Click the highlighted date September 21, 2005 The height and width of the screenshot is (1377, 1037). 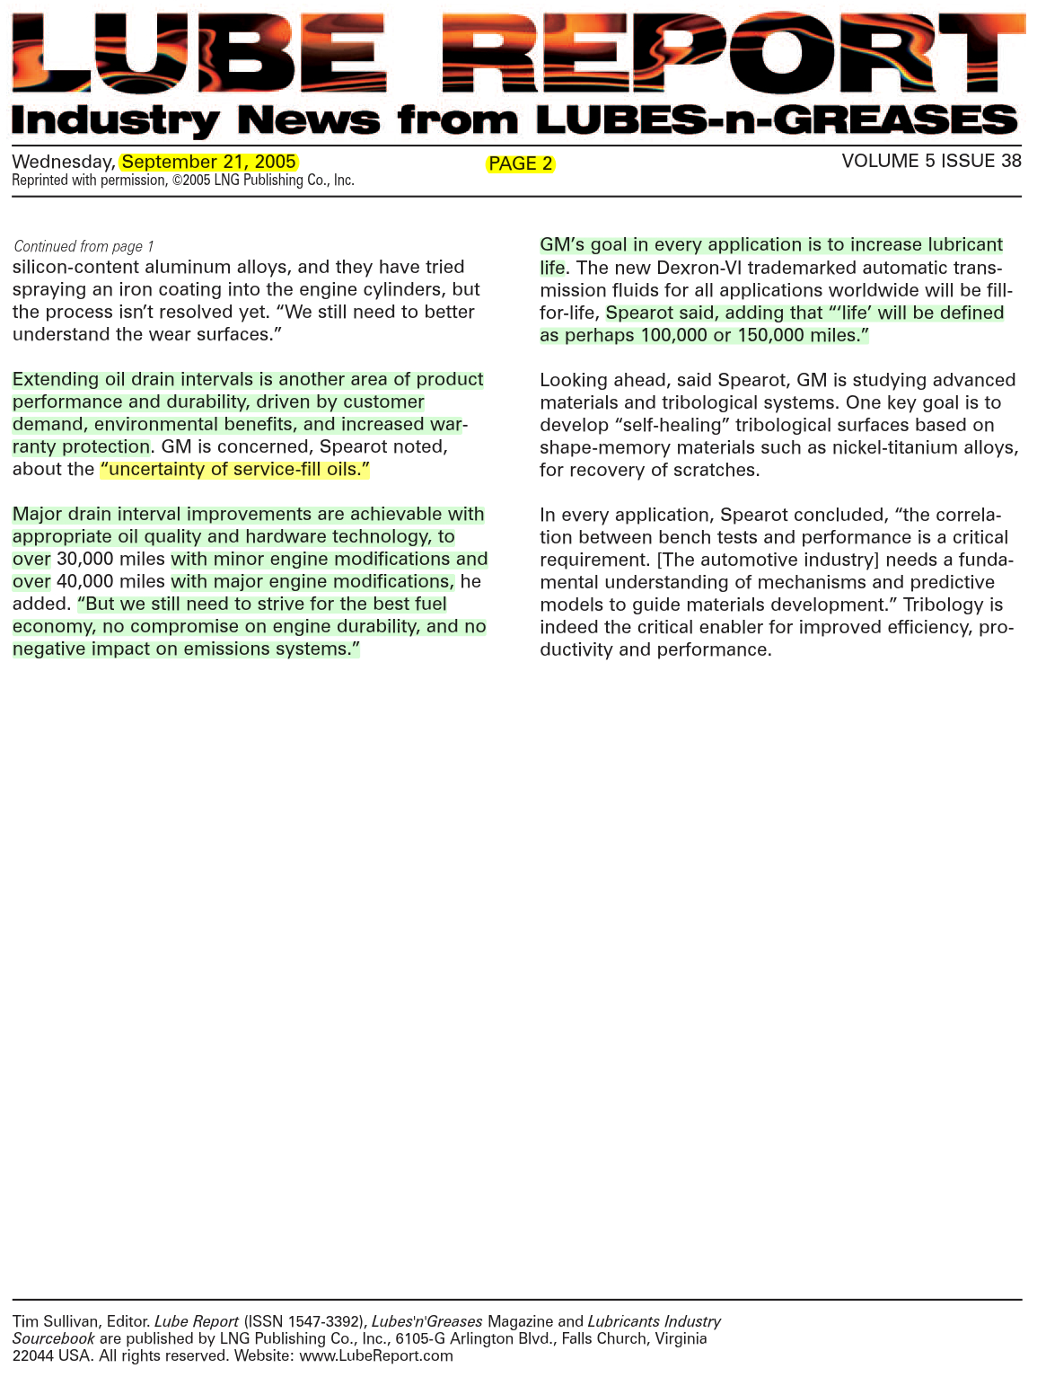(209, 162)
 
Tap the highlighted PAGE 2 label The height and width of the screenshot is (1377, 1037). (520, 163)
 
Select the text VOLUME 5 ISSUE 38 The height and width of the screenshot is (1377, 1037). (931, 161)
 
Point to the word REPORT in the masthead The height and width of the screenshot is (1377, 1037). (732, 54)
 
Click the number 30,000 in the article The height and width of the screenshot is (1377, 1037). (84, 559)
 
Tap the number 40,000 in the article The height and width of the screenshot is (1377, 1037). (84, 581)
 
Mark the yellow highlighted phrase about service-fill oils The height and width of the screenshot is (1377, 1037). (235, 469)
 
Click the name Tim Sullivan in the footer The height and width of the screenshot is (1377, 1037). (55, 1321)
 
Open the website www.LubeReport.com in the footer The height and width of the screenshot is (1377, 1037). (375, 1355)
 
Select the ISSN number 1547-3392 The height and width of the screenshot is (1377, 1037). (321, 1321)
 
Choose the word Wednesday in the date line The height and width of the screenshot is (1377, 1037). (63, 162)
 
